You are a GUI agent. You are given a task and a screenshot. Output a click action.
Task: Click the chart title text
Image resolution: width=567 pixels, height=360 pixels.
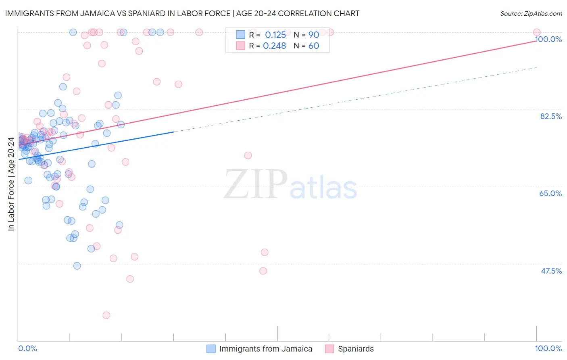pyautogui.click(x=182, y=13)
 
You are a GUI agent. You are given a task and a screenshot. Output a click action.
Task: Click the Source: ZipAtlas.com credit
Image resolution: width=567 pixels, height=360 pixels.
pyautogui.click(x=531, y=13)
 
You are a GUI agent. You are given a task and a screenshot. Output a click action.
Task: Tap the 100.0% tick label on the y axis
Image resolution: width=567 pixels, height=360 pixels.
pyautogui.click(x=548, y=39)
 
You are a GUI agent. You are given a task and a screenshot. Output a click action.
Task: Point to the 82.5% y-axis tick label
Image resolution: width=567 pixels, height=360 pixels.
pyautogui.click(x=551, y=116)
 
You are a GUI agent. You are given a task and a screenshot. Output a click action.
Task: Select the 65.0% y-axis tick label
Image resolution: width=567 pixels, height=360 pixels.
pyautogui.click(x=550, y=193)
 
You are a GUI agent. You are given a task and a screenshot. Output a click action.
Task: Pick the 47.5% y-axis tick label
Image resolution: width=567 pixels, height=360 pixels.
pyautogui.click(x=551, y=271)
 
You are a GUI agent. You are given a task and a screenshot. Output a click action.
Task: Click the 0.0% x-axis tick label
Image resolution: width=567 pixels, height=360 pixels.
pyautogui.click(x=27, y=348)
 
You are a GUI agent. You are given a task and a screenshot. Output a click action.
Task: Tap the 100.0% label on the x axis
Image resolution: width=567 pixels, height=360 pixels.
pyautogui.click(x=548, y=348)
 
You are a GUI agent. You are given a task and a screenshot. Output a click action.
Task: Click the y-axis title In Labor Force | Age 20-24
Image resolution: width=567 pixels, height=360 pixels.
pyautogui.click(x=11, y=184)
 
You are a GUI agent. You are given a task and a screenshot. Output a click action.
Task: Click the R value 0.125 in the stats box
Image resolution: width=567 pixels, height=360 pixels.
pyautogui.click(x=275, y=35)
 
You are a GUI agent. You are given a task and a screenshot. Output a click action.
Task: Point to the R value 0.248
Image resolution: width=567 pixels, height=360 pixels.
pyautogui.click(x=274, y=46)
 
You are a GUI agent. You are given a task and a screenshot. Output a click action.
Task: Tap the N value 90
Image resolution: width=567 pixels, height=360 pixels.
pyautogui.click(x=313, y=35)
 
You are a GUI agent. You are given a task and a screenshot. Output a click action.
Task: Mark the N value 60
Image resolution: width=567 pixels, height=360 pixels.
pyautogui.click(x=313, y=46)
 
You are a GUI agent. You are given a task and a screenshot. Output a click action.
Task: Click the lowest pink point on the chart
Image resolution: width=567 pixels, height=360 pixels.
pyautogui.click(x=106, y=315)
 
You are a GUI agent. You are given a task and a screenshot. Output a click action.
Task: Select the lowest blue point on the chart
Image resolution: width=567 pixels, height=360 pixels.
pyautogui.click(x=77, y=266)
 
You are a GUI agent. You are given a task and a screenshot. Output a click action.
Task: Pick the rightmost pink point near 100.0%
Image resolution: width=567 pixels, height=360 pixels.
pyautogui.click(x=537, y=32)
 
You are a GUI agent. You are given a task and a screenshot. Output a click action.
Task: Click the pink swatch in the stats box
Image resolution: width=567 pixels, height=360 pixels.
pyautogui.click(x=240, y=46)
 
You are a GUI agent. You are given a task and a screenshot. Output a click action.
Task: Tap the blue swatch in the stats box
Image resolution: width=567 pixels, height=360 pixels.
pyautogui.click(x=240, y=35)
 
